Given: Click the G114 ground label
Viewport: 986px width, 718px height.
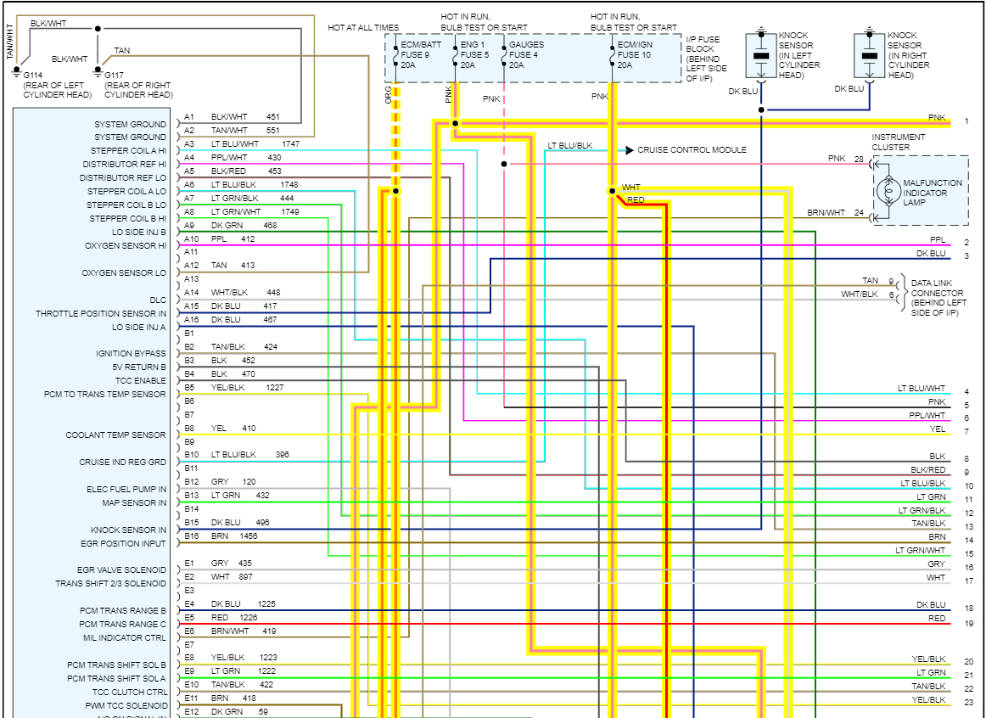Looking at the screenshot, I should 34,76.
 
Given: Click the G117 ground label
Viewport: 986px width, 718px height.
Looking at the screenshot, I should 115,76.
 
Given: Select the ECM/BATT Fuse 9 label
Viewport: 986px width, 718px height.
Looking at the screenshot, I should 420,54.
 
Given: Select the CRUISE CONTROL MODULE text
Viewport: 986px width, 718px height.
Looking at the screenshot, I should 692,150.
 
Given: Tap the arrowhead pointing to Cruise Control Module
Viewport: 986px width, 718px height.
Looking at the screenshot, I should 630,150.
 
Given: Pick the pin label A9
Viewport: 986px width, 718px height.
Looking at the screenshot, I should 189,226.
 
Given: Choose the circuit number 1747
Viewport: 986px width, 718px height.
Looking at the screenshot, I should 291,144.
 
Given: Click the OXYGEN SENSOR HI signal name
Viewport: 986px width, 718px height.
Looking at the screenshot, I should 126,246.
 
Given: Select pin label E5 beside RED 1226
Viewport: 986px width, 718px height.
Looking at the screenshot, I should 189,618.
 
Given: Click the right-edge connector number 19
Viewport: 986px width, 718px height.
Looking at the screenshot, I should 968,624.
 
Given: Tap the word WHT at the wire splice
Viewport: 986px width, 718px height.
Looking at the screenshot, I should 631,188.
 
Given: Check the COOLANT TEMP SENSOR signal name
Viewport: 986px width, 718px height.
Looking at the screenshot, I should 116,435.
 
